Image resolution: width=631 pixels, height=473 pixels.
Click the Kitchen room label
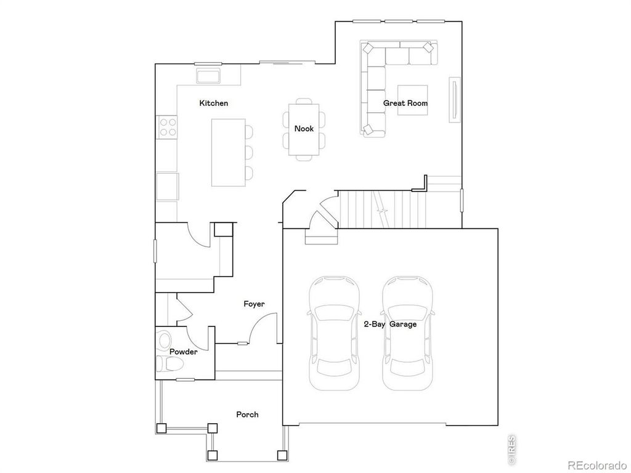[213, 103]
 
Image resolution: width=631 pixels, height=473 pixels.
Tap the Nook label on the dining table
[304, 129]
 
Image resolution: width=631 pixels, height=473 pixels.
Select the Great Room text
[405, 103]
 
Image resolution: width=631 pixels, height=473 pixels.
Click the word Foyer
[254, 304]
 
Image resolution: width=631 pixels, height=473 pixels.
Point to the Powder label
[184, 352]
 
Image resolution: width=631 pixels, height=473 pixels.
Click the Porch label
[247, 414]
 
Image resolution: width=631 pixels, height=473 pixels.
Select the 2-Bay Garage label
[389, 325]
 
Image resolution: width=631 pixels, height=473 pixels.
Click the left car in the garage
[333, 333]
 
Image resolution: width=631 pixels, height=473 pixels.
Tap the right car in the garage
[407, 333]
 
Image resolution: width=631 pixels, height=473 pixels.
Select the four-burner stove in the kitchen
[168, 127]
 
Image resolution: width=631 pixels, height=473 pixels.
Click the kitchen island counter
[227, 153]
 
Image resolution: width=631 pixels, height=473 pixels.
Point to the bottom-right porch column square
[282, 456]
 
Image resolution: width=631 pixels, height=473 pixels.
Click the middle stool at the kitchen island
[248, 152]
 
